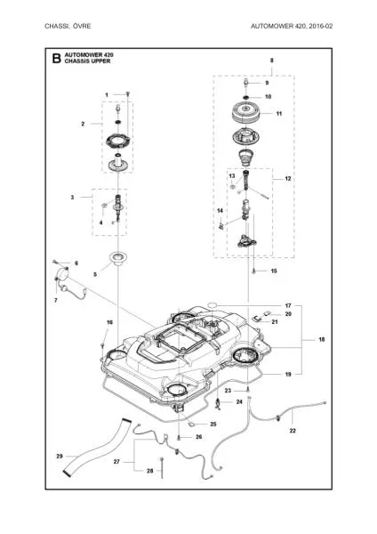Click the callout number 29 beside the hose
click(x=60, y=457)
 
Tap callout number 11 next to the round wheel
click(x=278, y=114)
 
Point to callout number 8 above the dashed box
click(x=271, y=60)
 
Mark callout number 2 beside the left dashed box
click(x=108, y=124)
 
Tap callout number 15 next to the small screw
click(x=274, y=271)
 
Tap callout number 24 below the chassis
click(x=238, y=402)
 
